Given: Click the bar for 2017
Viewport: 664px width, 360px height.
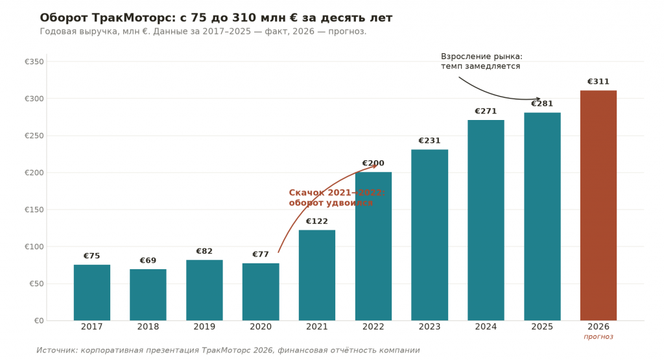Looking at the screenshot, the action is [92, 293].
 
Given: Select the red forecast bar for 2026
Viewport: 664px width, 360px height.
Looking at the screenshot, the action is [599, 206].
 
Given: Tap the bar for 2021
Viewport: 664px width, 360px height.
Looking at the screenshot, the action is [316, 275].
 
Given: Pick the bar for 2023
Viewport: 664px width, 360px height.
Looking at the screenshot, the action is [429, 235].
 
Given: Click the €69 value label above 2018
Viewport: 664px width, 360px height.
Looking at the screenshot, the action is [148, 261].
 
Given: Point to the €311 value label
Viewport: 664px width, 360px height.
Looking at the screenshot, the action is [598, 82].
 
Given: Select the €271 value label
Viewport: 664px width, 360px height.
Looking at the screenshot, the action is [486, 112].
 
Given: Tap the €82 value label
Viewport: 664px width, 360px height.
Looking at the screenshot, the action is [204, 251].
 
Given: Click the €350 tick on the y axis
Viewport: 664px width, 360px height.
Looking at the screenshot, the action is [34, 62].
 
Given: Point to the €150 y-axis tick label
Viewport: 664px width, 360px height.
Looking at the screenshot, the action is [34, 210].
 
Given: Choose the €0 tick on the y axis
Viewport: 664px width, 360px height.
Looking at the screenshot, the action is [39, 320].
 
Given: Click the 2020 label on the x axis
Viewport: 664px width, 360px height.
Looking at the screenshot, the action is [261, 326].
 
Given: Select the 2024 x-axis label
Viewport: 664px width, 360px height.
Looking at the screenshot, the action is [486, 326].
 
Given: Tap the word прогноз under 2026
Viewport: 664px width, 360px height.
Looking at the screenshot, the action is [599, 337].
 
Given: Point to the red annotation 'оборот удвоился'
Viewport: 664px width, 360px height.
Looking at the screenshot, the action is [331, 203].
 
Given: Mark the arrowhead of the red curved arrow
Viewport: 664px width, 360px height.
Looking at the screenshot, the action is [374, 165].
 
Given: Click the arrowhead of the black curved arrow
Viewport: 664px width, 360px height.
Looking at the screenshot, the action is [538, 99].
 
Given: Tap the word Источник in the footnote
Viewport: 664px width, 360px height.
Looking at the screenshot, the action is [57, 350].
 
